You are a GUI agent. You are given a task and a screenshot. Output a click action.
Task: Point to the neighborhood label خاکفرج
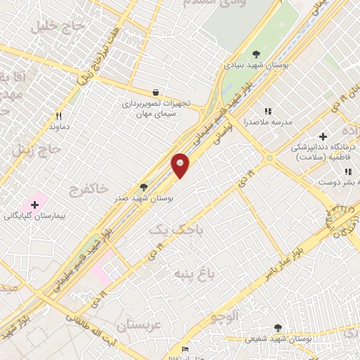coord(89,188)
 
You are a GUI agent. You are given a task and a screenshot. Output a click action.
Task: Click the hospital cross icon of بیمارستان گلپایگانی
coord(34,204)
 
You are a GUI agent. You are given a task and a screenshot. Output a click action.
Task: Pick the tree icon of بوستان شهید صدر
coord(144,188)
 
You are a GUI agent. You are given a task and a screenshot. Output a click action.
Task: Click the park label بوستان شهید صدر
coord(145,198)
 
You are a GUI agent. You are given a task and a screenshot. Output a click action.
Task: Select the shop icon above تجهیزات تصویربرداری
coord(155,92)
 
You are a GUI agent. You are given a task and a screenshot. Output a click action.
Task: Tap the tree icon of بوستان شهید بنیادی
coord(256,54)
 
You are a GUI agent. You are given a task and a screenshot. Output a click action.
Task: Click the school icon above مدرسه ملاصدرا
coord(267,111)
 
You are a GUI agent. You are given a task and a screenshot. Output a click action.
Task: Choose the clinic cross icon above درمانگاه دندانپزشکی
coord(323,136)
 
